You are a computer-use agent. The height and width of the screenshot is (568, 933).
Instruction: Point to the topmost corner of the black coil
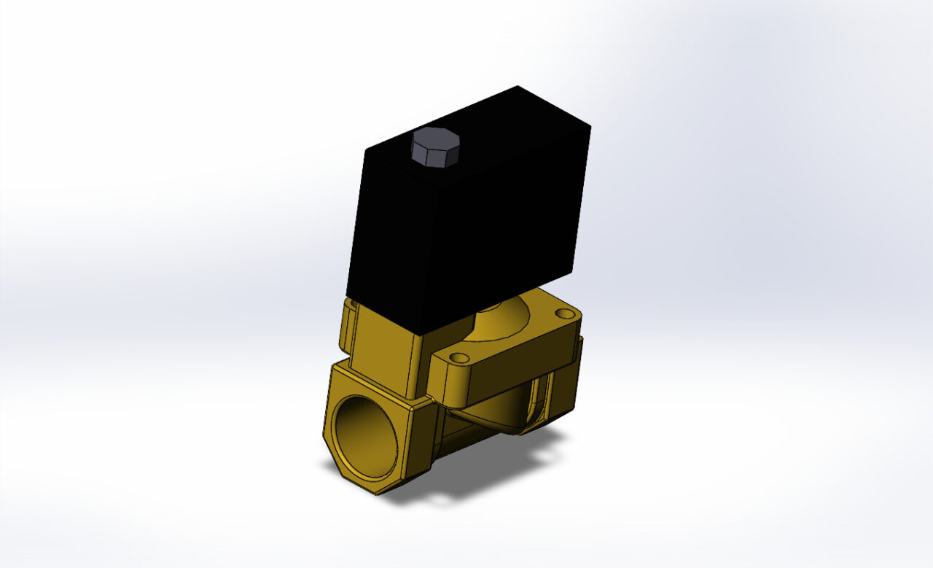518,87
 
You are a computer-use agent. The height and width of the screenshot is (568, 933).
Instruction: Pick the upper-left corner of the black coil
364,149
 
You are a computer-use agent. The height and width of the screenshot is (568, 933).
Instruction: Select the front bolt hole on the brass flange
458,358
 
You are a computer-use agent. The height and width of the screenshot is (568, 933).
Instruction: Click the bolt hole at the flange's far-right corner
565,314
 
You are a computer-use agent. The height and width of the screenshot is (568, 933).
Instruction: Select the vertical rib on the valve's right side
540,397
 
